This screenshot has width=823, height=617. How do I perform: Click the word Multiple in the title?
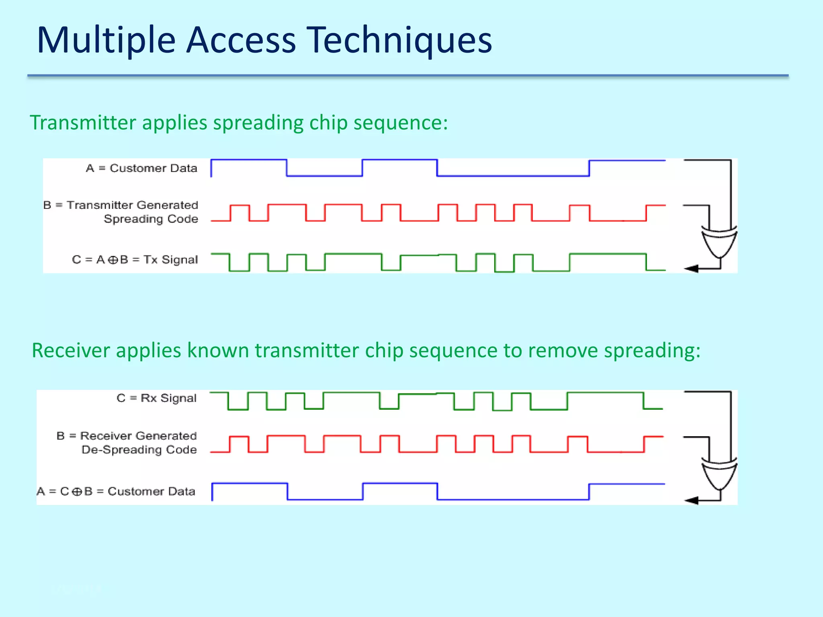[106, 40]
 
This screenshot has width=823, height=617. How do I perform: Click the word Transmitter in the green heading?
[83, 123]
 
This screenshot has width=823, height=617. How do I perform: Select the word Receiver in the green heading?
[71, 350]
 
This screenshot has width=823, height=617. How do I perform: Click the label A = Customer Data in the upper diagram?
[141, 168]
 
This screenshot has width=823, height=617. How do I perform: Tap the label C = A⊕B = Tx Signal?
[135, 260]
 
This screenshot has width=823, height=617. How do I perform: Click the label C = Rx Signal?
[157, 398]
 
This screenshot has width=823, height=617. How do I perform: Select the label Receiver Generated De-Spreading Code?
[127, 443]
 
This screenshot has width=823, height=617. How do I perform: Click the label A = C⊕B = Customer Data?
[116, 491]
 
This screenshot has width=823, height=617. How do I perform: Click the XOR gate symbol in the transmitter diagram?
[719, 241]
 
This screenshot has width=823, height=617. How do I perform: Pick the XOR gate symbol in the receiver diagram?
[719, 473]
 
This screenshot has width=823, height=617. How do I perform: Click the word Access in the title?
[241, 40]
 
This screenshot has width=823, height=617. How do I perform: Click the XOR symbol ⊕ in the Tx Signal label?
[113, 260]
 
